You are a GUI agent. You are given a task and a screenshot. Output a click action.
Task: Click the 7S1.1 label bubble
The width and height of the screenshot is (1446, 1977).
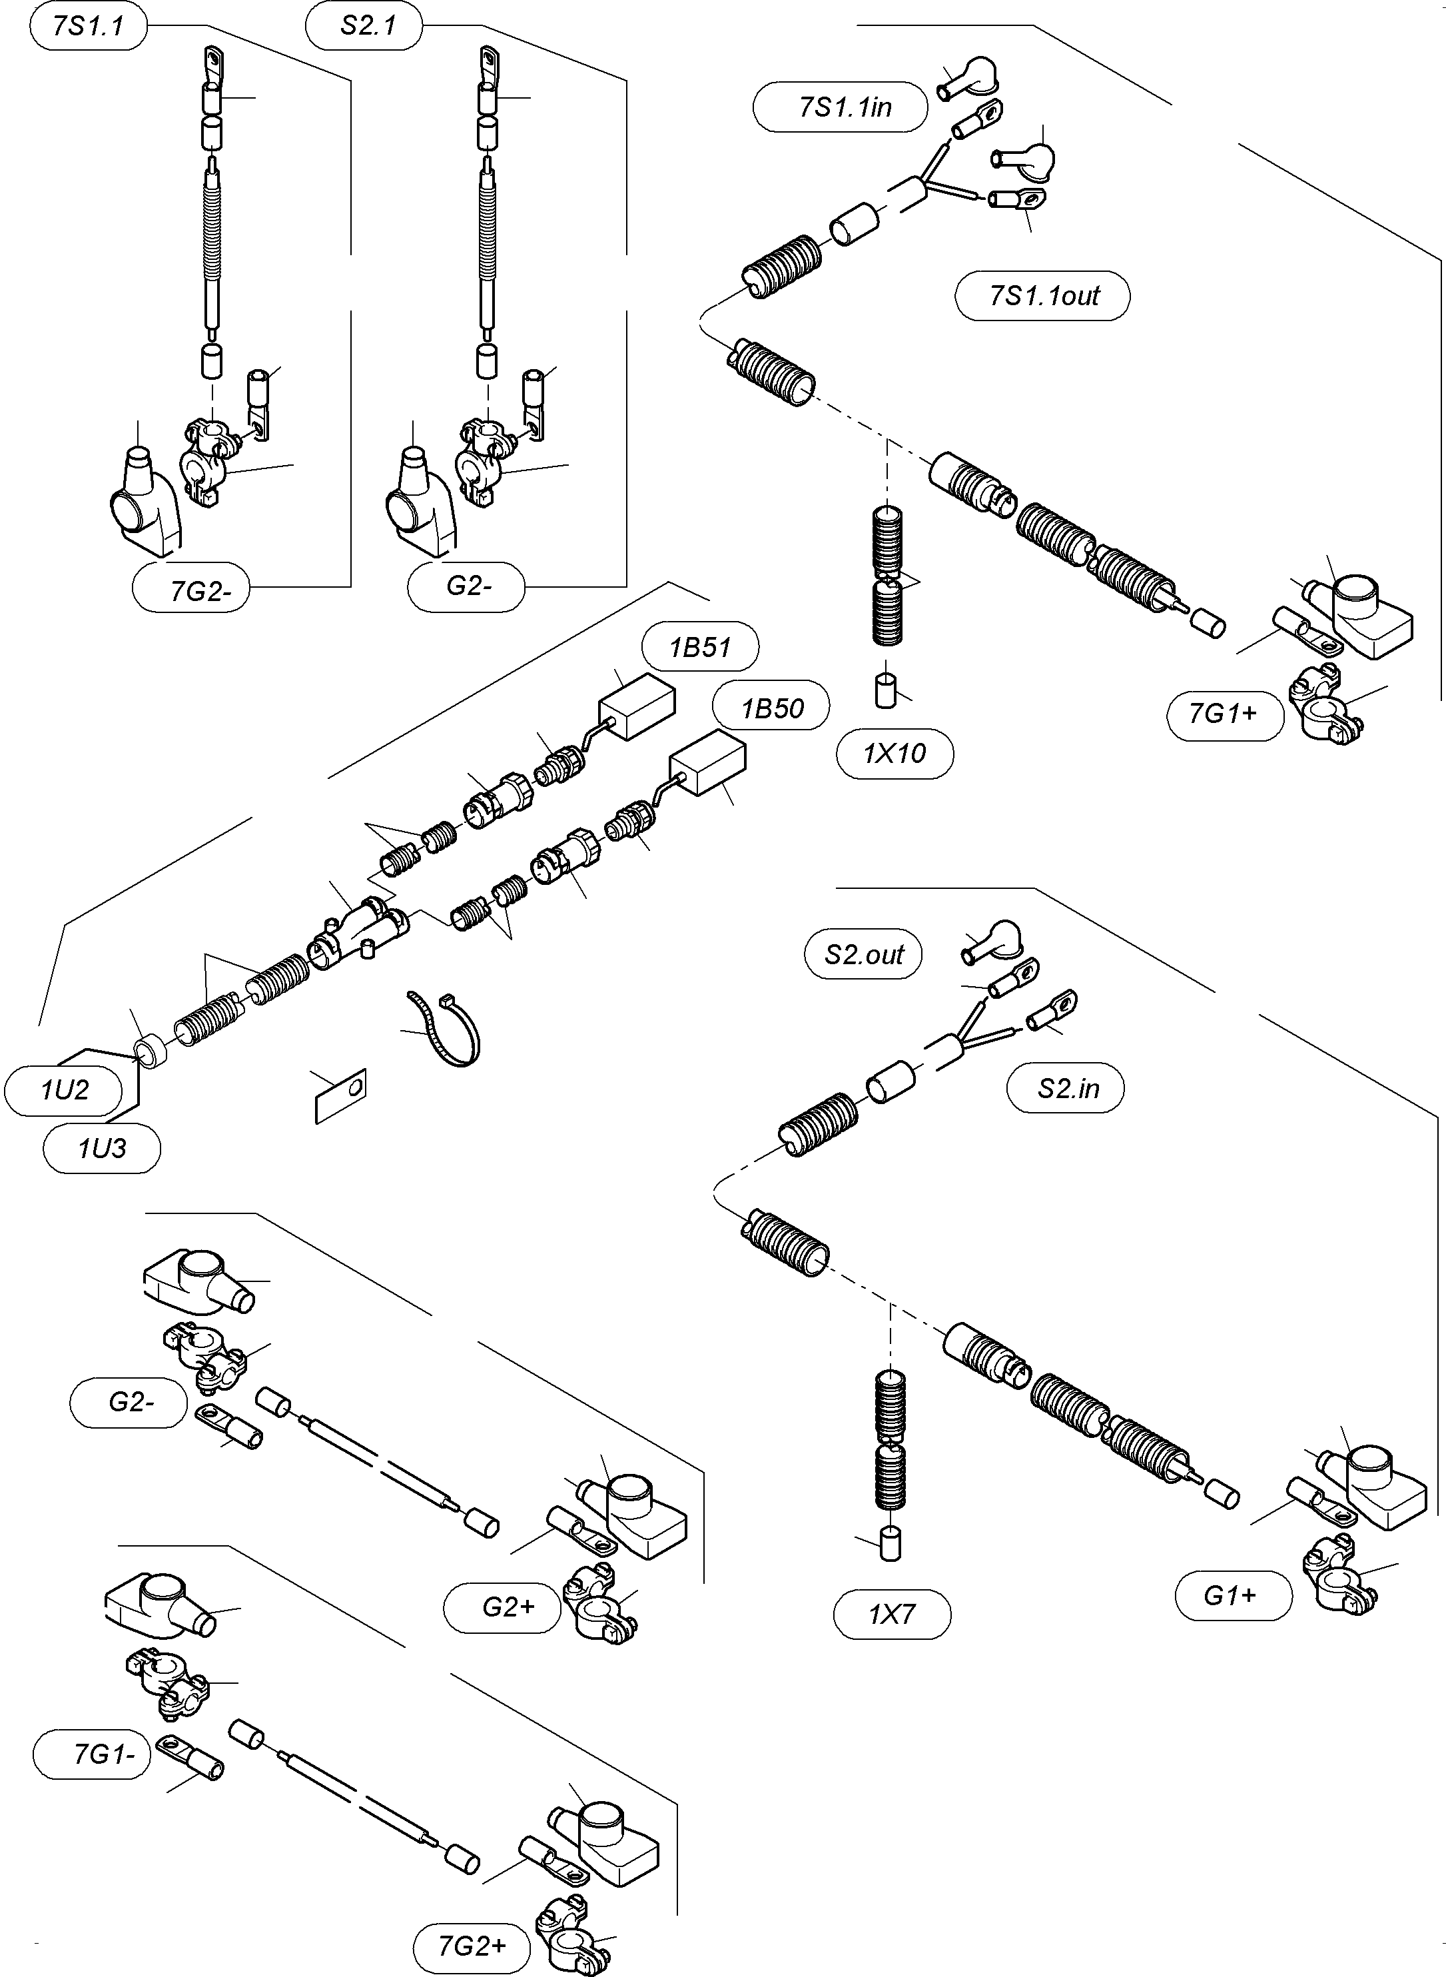pos(89,26)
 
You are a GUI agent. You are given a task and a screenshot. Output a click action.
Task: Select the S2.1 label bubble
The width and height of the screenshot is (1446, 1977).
pos(365,26)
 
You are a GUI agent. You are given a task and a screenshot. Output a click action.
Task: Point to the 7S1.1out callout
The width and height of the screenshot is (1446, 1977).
pos(1042,296)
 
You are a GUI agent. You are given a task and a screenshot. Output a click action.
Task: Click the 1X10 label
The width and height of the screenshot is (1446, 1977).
pos(894,753)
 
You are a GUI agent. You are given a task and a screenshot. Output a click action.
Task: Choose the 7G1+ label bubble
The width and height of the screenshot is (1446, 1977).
pos(1224,714)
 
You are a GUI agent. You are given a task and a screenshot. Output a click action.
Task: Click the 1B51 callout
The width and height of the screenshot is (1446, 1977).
pos(700,648)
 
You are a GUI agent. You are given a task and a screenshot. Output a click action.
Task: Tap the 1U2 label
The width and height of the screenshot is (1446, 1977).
pos(65,1090)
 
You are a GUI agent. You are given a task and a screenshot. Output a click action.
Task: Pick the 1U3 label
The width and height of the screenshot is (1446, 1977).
pos(101,1148)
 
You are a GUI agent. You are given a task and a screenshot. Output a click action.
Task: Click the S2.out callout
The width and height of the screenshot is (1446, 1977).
pos(863,954)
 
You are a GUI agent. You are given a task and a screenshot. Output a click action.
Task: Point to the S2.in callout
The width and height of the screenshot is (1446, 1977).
pos(1065,1088)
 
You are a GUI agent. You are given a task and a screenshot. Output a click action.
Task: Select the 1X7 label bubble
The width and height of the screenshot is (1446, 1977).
pos(891,1614)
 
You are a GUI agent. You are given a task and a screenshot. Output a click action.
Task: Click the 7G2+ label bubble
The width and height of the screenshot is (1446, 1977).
pos(472,1946)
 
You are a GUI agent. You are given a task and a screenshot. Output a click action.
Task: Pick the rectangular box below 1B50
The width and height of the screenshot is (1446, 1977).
pos(707,764)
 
